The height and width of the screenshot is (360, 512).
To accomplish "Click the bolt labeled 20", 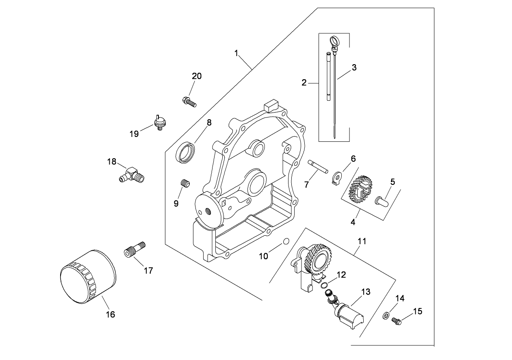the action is click(x=189, y=101).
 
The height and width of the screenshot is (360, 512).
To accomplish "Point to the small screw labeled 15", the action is click(x=397, y=321).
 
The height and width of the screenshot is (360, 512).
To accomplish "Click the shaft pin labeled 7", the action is click(x=318, y=167).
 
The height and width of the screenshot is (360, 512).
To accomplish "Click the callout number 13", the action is click(x=366, y=291).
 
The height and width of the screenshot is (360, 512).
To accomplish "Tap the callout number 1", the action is click(x=236, y=53).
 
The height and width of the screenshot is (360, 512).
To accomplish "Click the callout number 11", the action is click(x=362, y=241).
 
